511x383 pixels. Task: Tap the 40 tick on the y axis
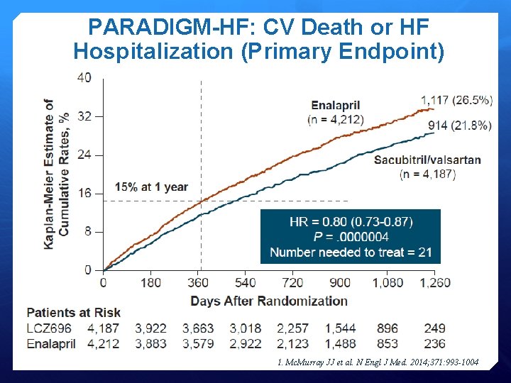[84, 77]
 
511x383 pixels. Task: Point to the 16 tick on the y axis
[84, 193]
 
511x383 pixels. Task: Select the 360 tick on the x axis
[198, 283]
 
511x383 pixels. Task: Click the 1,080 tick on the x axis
[388, 283]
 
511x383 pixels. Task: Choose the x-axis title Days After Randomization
[269, 301]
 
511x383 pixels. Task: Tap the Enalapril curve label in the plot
[335, 106]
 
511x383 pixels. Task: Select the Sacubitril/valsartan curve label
[427, 160]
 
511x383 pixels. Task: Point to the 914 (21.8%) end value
[459, 126]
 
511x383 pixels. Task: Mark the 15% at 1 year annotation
[153, 187]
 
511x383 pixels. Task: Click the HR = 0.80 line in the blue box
[351, 221]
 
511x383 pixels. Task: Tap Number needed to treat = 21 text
[351, 252]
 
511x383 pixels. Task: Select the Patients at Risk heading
[74, 313]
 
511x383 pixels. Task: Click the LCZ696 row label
[49, 328]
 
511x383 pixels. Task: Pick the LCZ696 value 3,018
[246, 328]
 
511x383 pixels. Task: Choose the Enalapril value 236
[434, 343]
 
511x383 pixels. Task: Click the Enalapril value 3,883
[150, 343]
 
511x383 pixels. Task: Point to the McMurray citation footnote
[378, 362]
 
